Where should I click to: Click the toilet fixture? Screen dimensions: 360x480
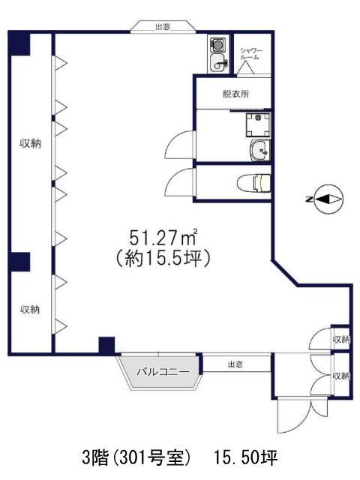coord(253,183)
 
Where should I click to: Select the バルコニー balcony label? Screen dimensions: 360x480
coord(163,372)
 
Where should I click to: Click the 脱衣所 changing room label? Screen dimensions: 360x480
coord(235,94)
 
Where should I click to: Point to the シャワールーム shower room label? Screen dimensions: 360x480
coord(251,54)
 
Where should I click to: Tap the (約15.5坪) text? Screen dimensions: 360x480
coord(162,259)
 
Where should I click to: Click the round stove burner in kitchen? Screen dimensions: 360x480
coord(217,45)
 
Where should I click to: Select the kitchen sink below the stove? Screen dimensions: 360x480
coord(218,63)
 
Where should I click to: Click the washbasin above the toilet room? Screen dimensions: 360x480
coord(259,150)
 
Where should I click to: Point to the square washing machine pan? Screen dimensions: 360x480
coord(258,125)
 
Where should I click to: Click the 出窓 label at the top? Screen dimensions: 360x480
coord(163,27)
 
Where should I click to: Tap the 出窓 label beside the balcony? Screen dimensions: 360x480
coord(235,364)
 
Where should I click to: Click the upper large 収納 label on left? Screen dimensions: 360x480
coord(30,143)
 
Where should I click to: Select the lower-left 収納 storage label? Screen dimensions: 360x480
coord(30,310)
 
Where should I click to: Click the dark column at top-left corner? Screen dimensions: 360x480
coord(20,44)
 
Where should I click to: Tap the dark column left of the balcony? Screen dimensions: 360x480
coord(106,346)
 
